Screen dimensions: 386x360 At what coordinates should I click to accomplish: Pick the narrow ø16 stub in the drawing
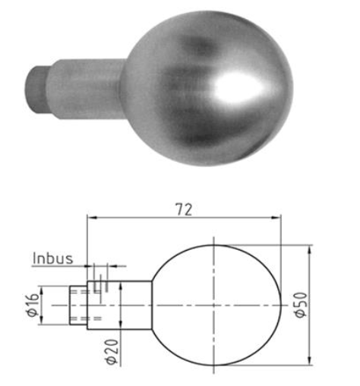79,304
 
